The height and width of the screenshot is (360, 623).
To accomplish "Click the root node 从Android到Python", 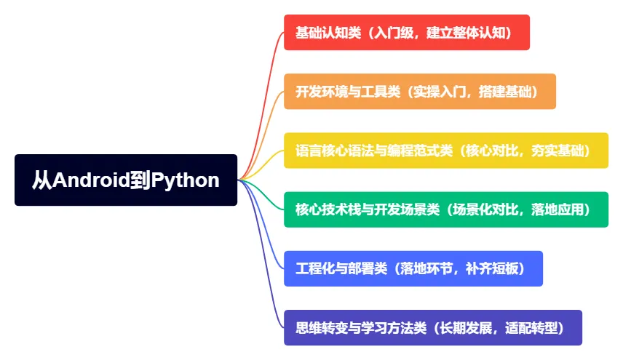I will pyautogui.click(x=126, y=180).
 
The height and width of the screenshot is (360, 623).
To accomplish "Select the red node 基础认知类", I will pyautogui.click(x=406, y=33).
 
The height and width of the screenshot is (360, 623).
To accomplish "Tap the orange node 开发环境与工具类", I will pyautogui.click(x=419, y=92).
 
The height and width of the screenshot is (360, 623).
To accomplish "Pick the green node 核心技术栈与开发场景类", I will pyautogui.click(x=445, y=209).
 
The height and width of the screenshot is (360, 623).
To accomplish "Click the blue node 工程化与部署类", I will pyautogui.click(x=413, y=268).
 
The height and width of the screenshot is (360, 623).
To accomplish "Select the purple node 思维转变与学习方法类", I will pyautogui.click(x=432, y=327).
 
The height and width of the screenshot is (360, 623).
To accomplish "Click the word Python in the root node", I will pyautogui.click(x=185, y=180).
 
